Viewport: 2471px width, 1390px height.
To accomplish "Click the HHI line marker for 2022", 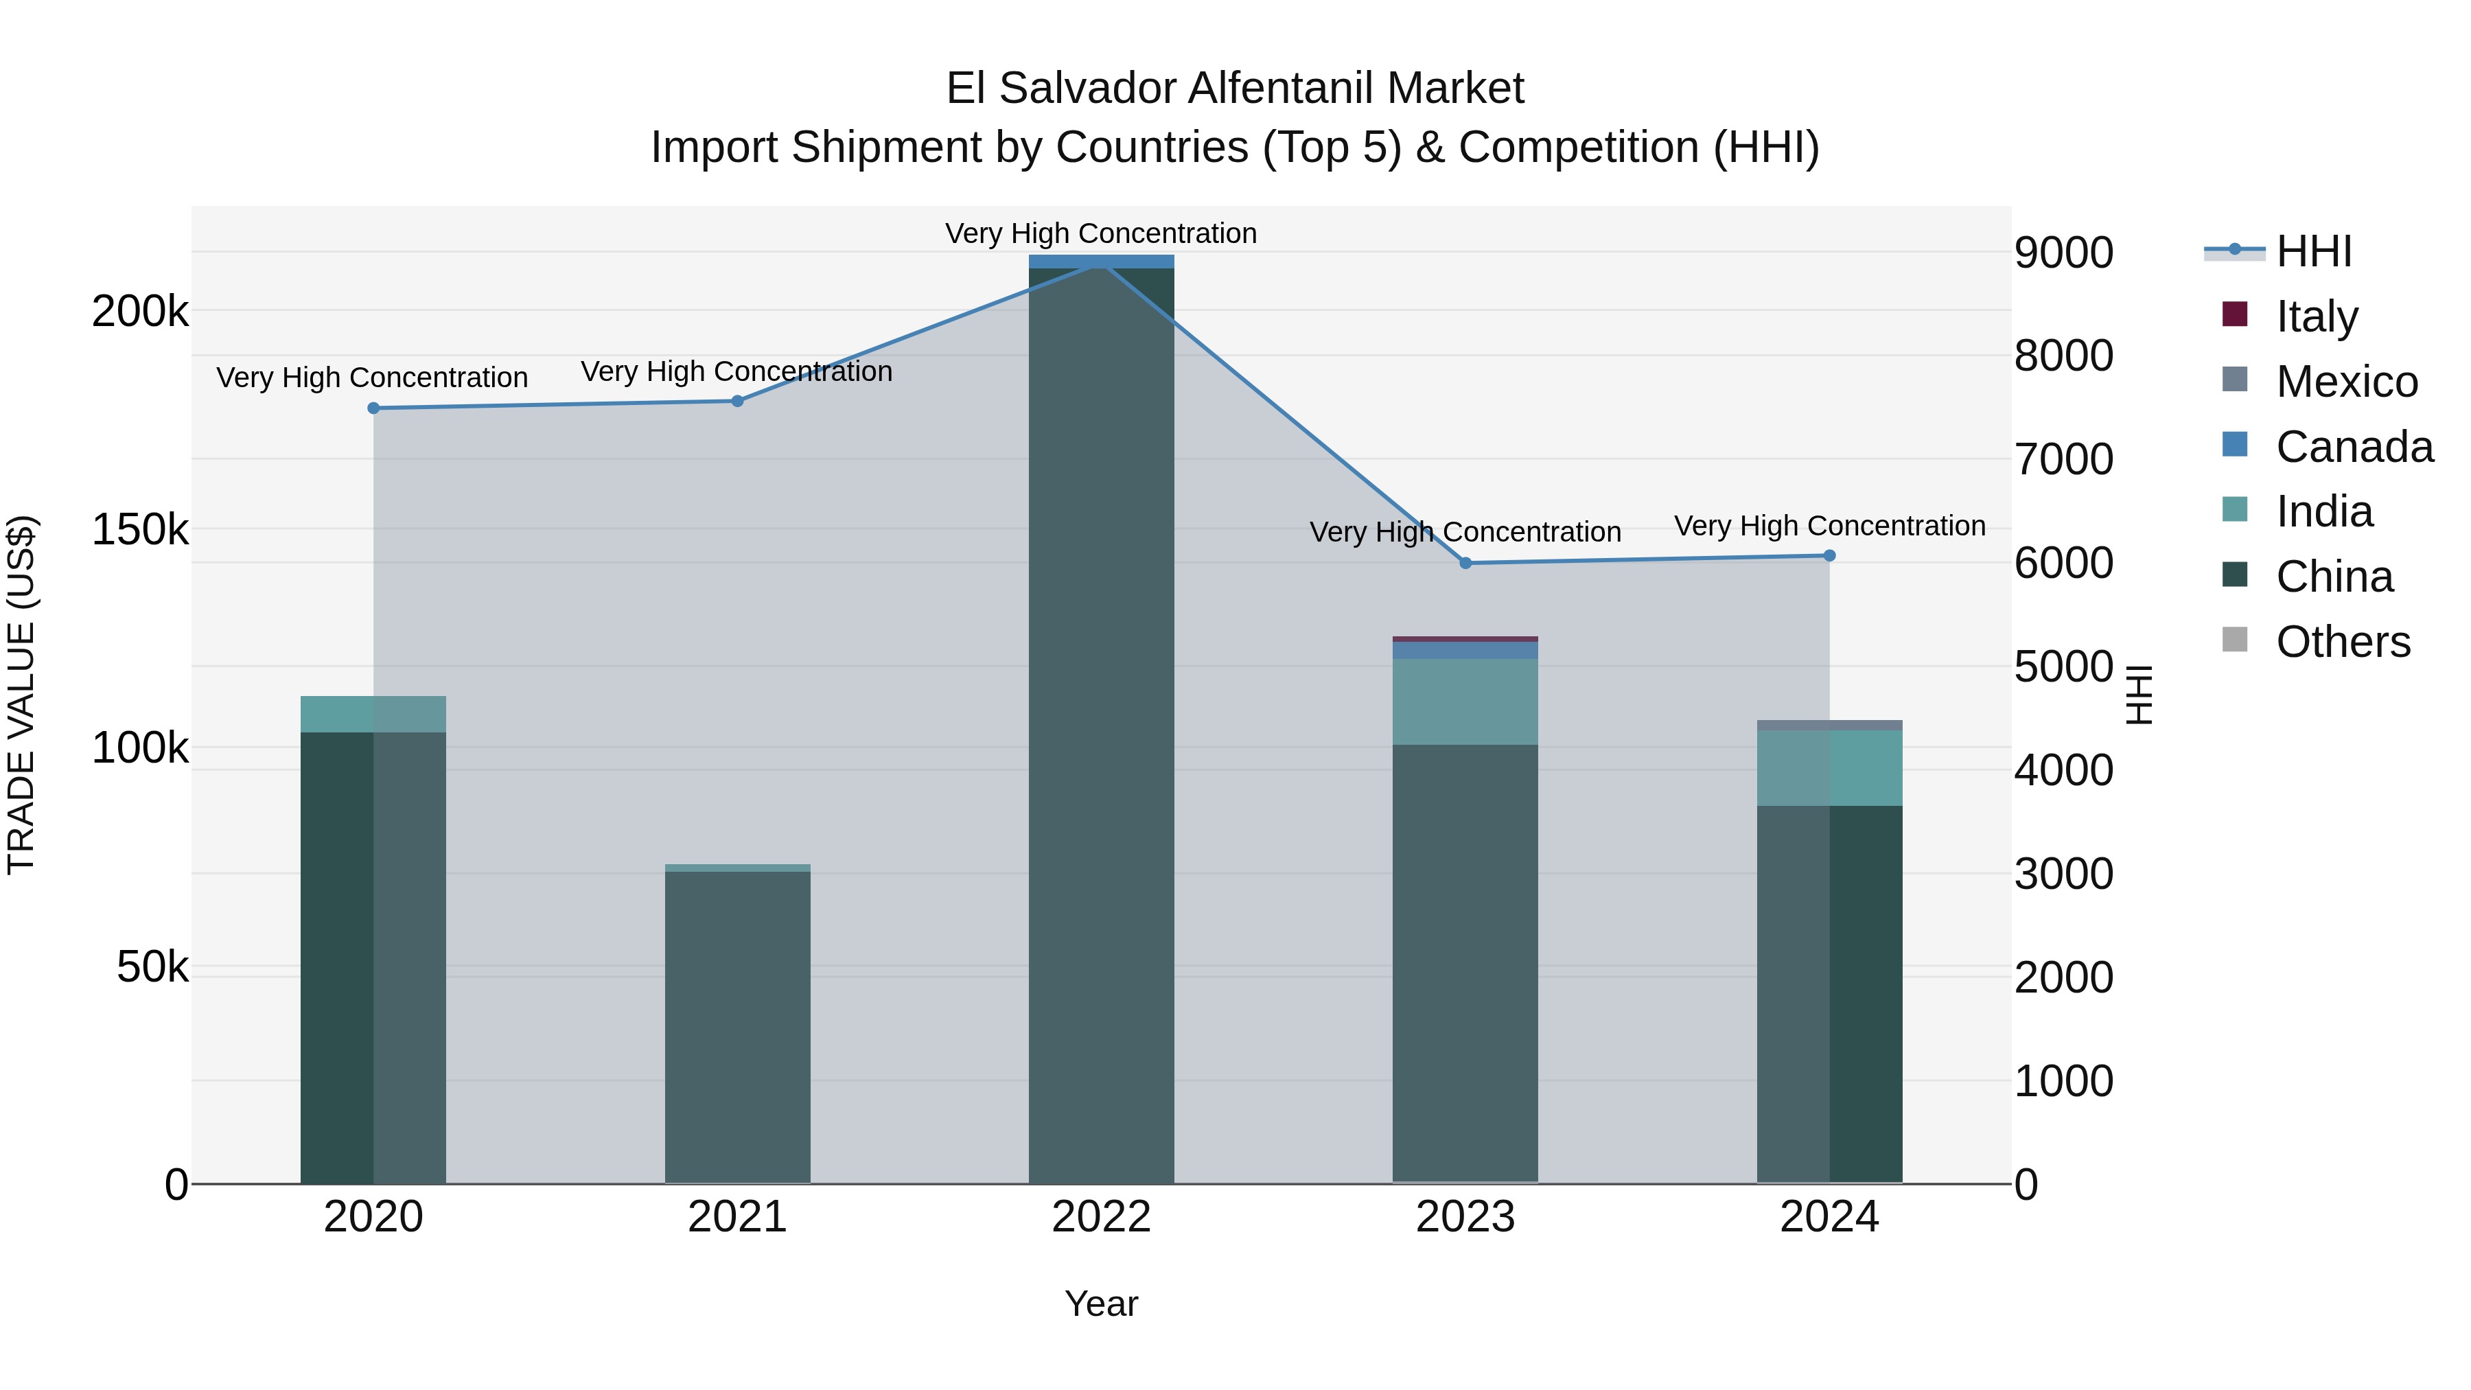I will (x=1101, y=263).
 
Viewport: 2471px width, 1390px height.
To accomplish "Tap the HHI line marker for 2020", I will (x=374, y=408).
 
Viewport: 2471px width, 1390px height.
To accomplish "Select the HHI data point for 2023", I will (x=1465, y=563).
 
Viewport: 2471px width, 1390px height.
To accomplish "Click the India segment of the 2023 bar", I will (x=1465, y=702).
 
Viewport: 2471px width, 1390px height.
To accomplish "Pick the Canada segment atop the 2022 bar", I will (x=1101, y=261).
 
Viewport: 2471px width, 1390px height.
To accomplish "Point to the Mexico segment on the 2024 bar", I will (x=1829, y=726).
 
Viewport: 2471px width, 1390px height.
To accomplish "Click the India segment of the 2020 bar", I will (x=374, y=714).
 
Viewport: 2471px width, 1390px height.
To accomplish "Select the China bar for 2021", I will (x=738, y=1026).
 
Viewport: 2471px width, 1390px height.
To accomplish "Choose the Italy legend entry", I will (x=2316, y=316).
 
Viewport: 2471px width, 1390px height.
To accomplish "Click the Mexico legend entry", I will (x=2345, y=382).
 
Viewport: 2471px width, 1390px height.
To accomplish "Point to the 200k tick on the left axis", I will (x=140, y=312).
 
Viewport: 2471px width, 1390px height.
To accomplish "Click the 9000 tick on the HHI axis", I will (x=2063, y=253).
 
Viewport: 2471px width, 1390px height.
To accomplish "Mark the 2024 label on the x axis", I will (x=1829, y=1217).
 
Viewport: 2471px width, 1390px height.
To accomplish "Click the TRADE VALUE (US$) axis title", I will (x=21, y=695).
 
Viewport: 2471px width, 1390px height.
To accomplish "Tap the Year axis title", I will (x=1101, y=1304).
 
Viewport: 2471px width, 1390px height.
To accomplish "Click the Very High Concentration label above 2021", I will (x=736, y=371).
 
